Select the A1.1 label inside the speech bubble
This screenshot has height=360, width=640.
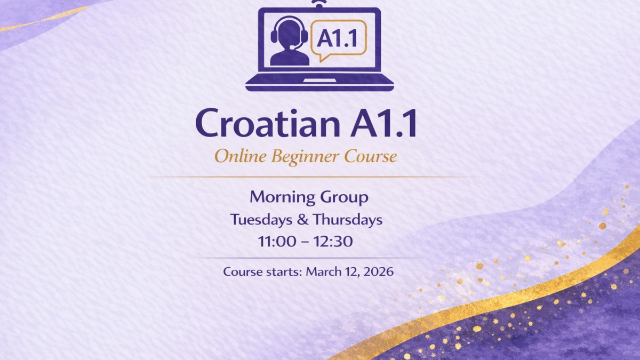coord(338,37)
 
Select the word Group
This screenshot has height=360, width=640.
coord(344,198)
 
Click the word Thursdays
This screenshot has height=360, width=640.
coord(348,219)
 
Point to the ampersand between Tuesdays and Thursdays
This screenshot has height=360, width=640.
coord(306,219)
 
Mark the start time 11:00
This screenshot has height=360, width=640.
coord(277,241)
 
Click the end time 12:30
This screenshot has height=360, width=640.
coord(333,241)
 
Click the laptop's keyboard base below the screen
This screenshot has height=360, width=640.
coord(320,84)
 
